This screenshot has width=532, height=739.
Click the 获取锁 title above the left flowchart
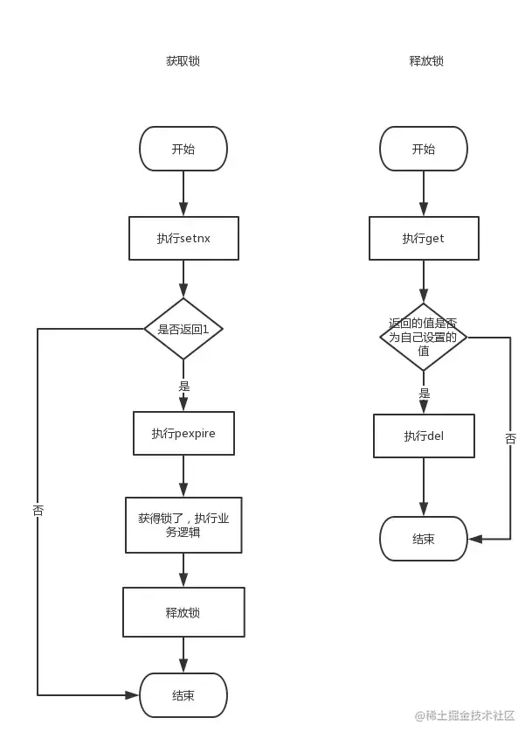(183, 61)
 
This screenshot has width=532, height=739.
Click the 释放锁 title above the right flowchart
(426, 61)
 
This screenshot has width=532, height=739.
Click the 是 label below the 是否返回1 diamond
(184, 387)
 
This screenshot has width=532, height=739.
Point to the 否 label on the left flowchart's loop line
(38, 511)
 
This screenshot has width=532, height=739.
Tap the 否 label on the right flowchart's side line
(511, 439)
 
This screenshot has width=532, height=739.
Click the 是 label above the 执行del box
(425, 393)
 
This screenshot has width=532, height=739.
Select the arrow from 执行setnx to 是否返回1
(183, 278)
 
